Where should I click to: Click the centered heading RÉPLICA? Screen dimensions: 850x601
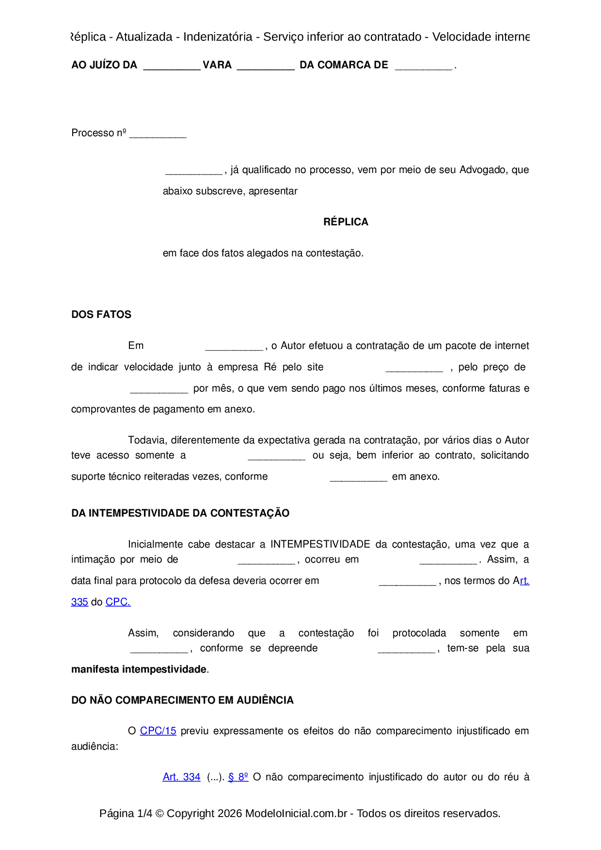pyautogui.click(x=346, y=222)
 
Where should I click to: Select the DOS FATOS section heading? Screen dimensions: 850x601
pyautogui.click(x=101, y=315)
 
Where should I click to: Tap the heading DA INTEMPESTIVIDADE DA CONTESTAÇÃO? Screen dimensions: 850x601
pyautogui.click(x=180, y=513)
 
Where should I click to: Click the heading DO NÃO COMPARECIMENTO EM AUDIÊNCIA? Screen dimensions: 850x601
pyautogui.click(x=182, y=700)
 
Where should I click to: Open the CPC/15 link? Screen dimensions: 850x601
pyautogui.click(x=158, y=731)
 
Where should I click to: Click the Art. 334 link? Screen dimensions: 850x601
pyautogui.click(x=181, y=777)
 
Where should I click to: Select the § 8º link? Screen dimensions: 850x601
pyautogui.click(x=238, y=777)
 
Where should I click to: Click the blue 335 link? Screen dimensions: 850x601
pyautogui.click(x=79, y=602)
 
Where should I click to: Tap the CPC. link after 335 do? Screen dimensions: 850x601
pyautogui.click(x=118, y=602)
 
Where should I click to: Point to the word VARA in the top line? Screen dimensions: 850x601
pyautogui.click(x=217, y=65)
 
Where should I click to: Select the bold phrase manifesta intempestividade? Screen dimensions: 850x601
pyautogui.click(x=139, y=669)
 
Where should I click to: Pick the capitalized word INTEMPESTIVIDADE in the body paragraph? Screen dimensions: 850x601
pyautogui.click(x=320, y=544)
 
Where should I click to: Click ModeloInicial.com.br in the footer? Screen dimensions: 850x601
pyautogui.click(x=296, y=813)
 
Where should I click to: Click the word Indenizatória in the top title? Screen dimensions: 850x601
pyautogui.click(x=218, y=37)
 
